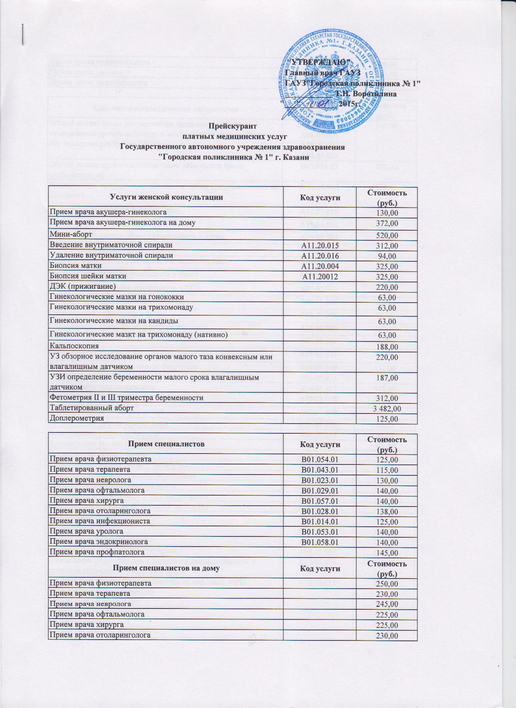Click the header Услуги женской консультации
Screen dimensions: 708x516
coord(162,197)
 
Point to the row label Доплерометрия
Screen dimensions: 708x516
coord(76,418)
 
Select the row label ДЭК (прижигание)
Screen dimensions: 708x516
coord(83,287)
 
